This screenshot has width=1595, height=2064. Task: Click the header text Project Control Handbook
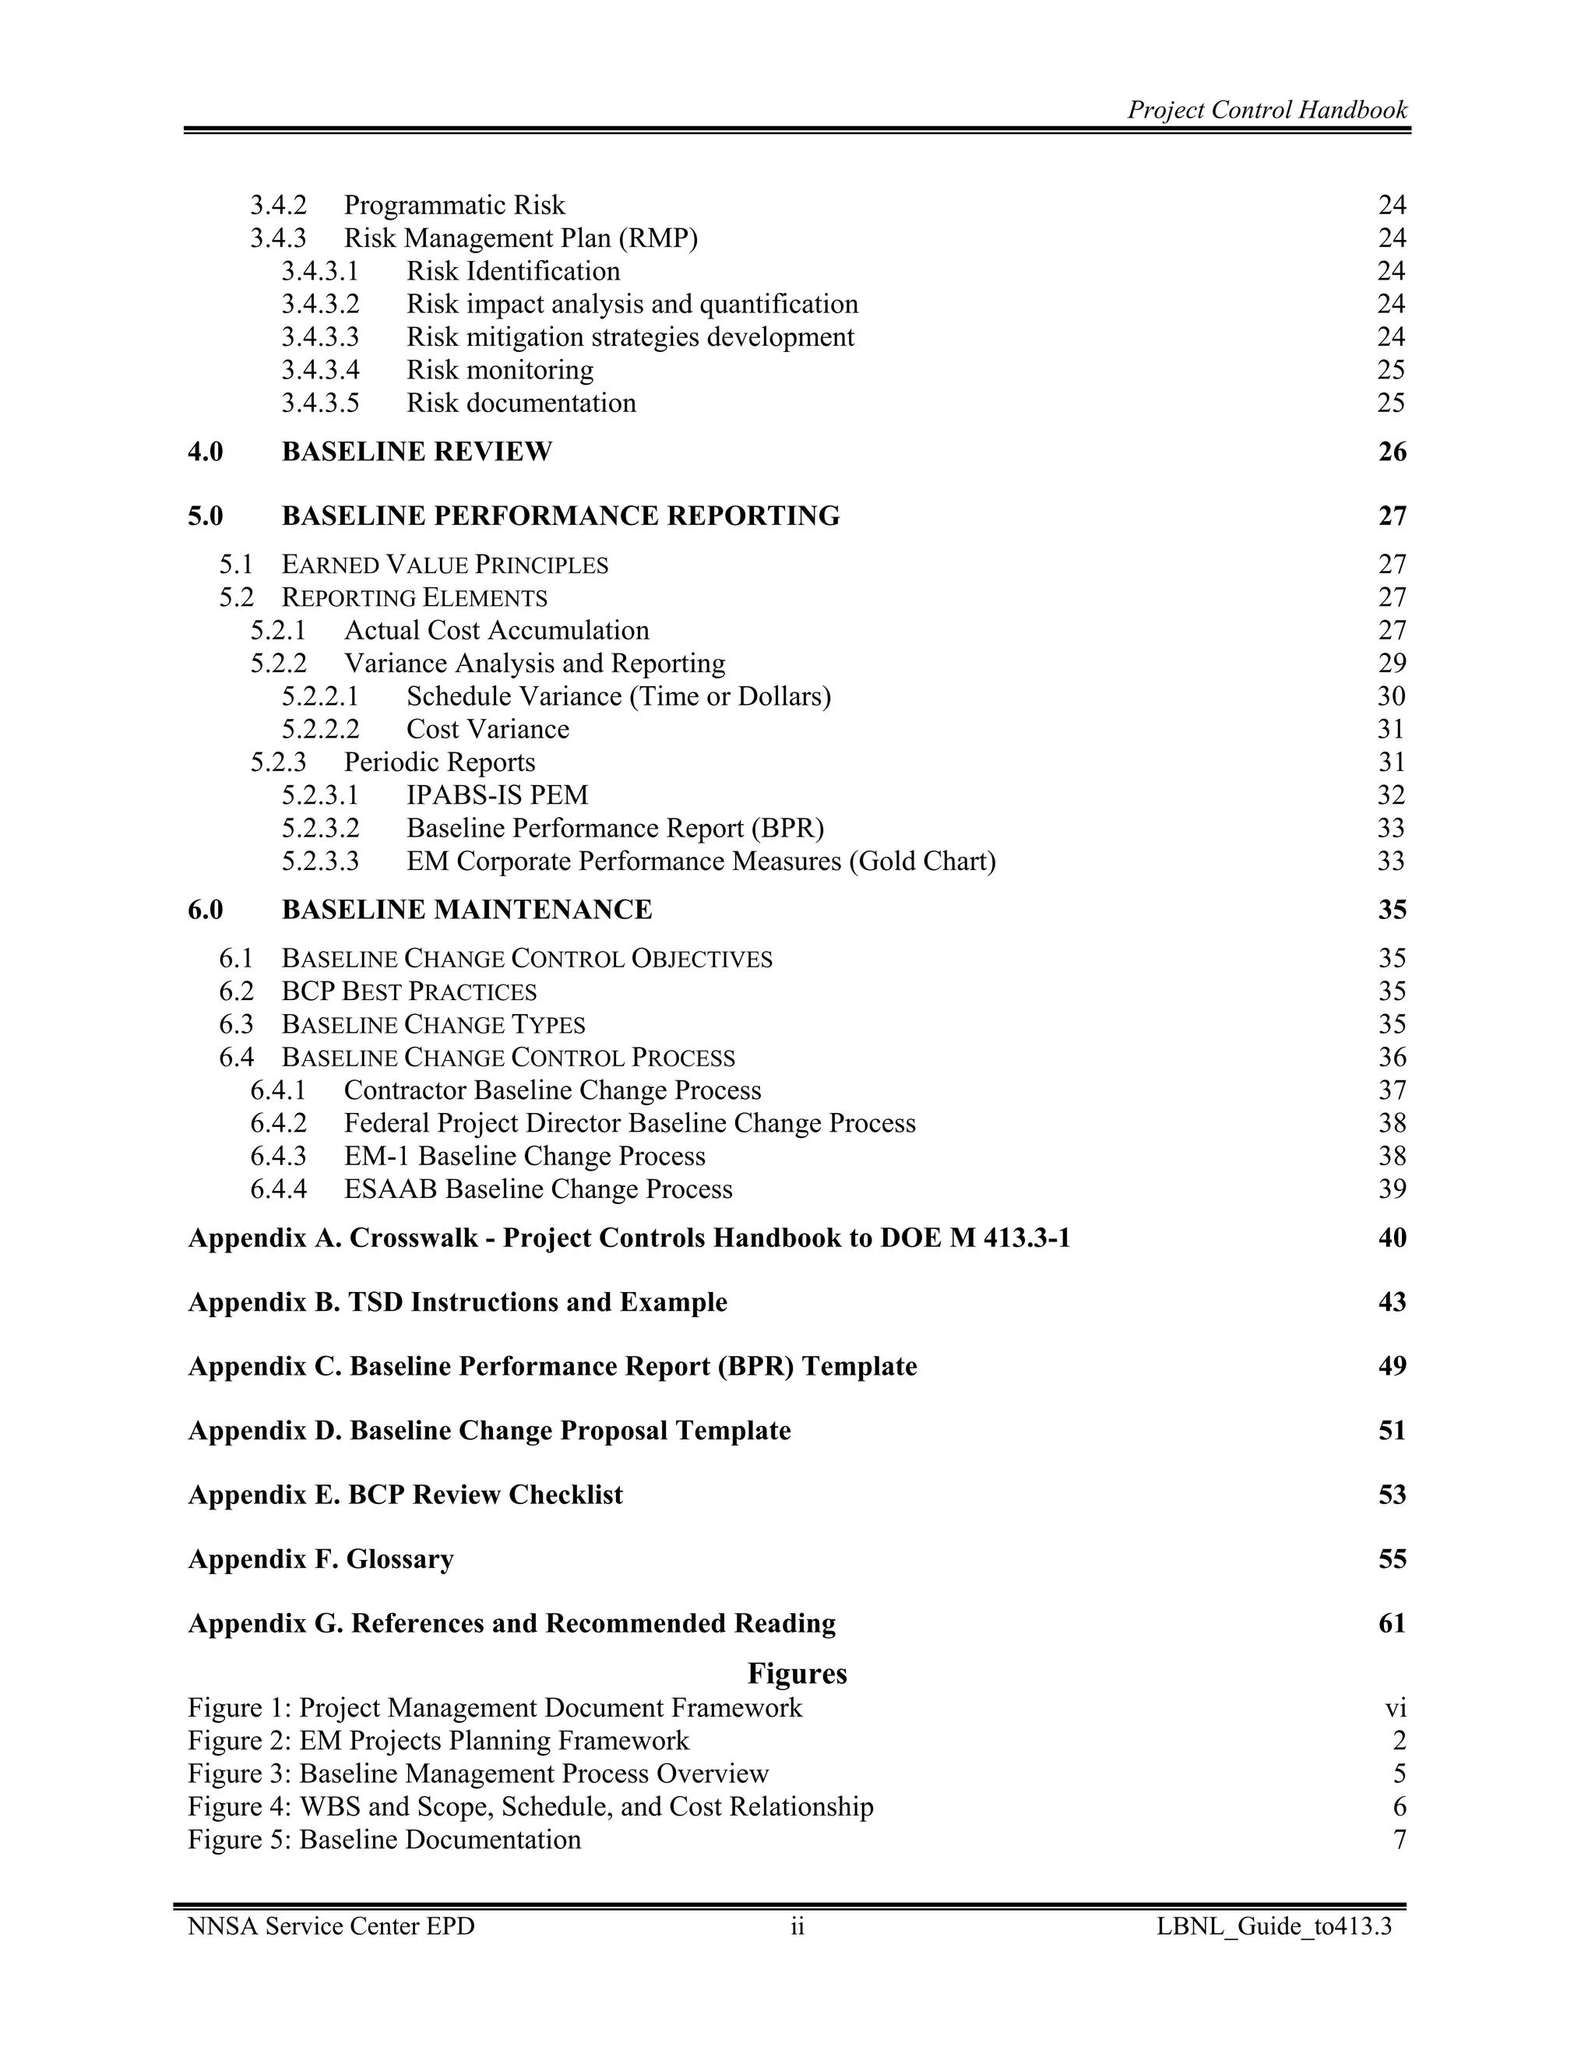pyautogui.click(x=1266, y=111)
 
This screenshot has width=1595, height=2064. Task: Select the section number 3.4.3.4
pyautogui.click(x=320, y=369)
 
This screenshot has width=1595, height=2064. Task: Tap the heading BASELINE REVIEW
pyautogui.click(x=417, y=452)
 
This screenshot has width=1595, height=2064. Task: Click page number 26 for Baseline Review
pyautogui.click(x=1392, y=452)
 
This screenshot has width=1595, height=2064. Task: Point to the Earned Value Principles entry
pyautogui.click(x=444, y=565)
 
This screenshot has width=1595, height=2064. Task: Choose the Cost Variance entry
pyautogui.click(x=488, y=730)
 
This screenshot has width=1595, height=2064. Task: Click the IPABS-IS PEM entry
pyautogui.click(x=497, y=796)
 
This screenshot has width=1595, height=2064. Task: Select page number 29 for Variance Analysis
pyautogui.click(x=1392, y=664)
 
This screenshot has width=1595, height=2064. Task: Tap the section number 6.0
pyautogui.click(x=205, y=910)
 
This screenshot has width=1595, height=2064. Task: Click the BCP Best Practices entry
pyautogui.click(x=408, y=992)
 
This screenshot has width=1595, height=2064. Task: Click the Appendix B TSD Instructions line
pyautogui.click(x=457, y=1302)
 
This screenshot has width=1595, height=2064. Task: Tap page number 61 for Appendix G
pyautogui.click(x=1392, y=1624)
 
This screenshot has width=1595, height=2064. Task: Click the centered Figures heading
pyautogui.click(x=797, y=1674)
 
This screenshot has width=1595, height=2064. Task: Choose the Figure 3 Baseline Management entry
pyautogui.click(x=478, y=1773)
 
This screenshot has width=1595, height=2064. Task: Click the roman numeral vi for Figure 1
pyautogui.click(x=1395, y=1709)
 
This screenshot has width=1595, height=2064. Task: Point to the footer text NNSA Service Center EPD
pyautogui.click(x=331, y=1927)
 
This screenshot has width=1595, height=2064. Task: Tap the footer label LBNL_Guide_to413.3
pyautogui.click(x=1273, y=1927)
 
